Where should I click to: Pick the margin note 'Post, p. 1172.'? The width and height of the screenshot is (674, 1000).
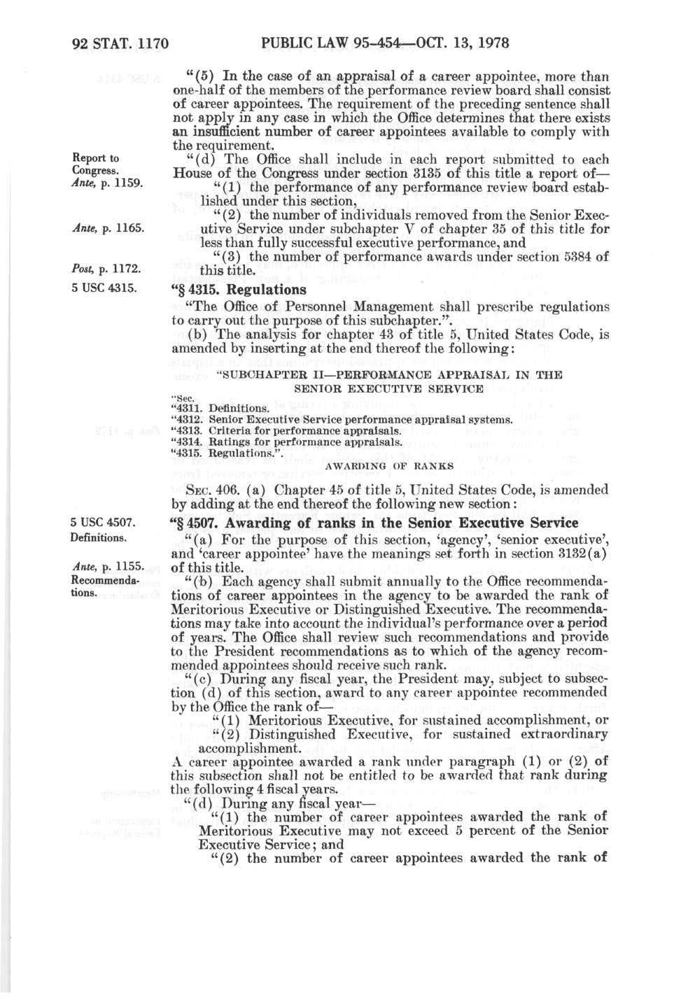107,269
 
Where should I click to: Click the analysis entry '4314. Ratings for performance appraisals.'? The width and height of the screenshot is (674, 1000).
286,442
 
